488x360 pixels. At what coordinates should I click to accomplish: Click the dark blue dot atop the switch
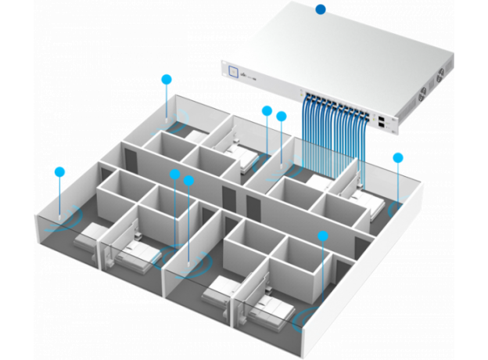tap(320, 9)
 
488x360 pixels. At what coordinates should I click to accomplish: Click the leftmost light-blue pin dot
tap(59, 171)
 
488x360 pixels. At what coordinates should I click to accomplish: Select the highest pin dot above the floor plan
tap(166, 78)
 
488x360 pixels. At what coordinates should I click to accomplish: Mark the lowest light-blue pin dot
tap(321, 235)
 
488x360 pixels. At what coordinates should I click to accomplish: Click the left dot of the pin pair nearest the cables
tap(267, 110)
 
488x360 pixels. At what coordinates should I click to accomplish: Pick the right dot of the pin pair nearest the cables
tap(282, 116)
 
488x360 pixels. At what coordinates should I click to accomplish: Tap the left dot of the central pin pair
tap(174, 174)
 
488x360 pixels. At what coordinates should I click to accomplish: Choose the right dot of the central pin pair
tap(188, 180)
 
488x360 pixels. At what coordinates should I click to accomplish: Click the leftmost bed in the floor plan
tap(94, 234)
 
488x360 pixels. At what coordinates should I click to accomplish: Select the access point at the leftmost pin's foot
tap(60, 219)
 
